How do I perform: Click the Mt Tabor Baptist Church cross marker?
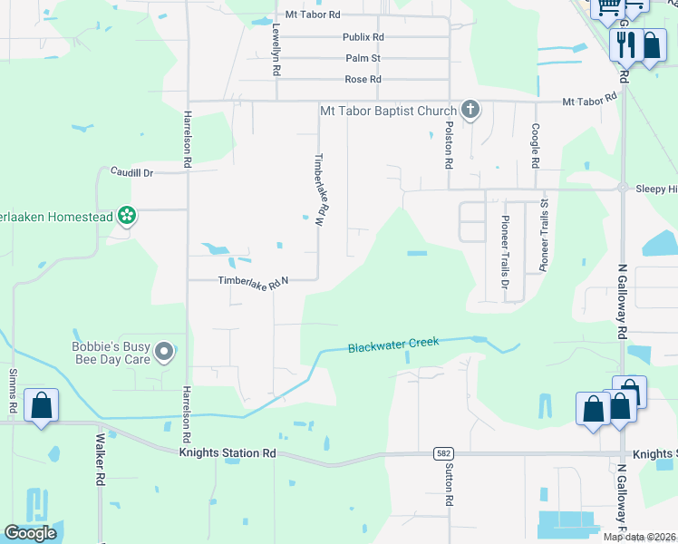[470, 111]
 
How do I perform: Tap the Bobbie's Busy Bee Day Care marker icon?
[164, 351]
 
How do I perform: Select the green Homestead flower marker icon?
[128, 216]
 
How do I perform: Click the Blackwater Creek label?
[393, 345]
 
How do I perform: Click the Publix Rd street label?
[363, 37]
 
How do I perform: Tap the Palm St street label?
[363, 58]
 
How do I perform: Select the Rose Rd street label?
[363, 80]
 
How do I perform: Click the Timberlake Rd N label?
[253, 282]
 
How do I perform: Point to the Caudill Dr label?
[133, 171]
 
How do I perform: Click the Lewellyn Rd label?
[276, 50]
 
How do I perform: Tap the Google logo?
[30, 533]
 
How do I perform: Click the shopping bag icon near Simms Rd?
[42, 405]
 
